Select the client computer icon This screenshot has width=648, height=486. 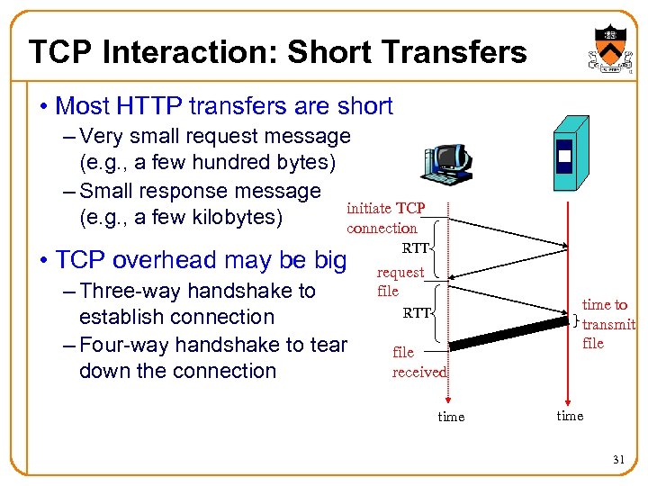click(x=446, y=166)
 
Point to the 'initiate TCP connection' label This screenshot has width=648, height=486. click(x=385, y=218)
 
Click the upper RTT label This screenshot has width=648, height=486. click(x=417, y=247)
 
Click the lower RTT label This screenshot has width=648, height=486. click(x=417, y=313)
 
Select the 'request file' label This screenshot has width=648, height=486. click(x=400, y=281)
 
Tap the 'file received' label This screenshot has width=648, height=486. click(x=418, y=362)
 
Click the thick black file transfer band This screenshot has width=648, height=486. click(x=508, y=330)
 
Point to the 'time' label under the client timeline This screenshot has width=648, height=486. click(x=451, y=417)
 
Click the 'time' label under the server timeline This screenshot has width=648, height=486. click(x=570, y=415)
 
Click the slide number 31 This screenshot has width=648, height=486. click(x=618, y=460)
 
